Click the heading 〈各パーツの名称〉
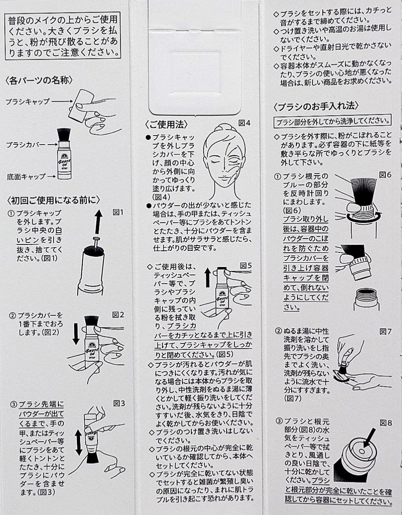39,80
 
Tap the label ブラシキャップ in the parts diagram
28,101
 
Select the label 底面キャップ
26,177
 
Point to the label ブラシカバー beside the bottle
26,145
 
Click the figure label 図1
118,213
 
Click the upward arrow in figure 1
98,222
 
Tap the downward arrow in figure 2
76,334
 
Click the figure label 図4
244,123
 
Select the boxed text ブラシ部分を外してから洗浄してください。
333,122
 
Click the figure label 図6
385,175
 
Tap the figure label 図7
385,332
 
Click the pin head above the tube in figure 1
97,239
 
